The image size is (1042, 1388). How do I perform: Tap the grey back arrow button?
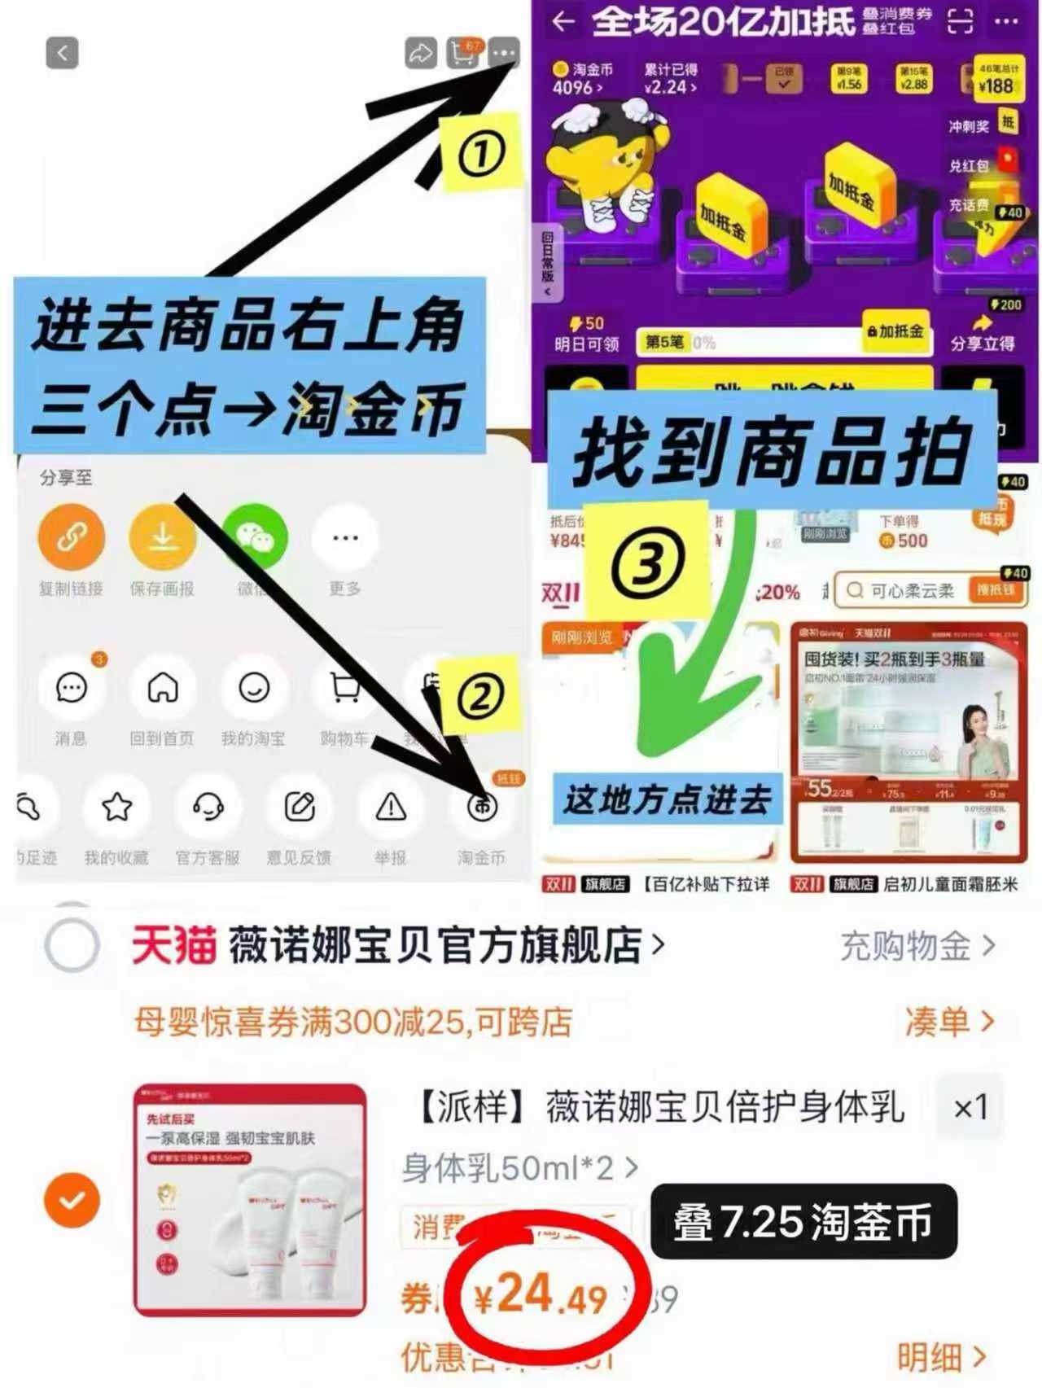coord(62,53)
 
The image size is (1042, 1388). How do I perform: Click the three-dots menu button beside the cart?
coord(504,53)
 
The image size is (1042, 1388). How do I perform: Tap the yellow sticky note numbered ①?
coord(480,153)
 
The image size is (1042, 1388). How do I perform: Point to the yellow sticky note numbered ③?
coord(648,560)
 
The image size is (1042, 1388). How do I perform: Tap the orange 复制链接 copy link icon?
coord(72,536)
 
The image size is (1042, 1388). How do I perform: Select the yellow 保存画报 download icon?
coord(163,536)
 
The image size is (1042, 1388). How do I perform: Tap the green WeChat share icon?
coord(256,536)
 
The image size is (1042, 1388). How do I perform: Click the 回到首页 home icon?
coord(163,689)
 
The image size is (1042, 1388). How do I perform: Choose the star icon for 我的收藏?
coord(117,808)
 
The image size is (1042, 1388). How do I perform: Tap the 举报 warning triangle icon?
coord(391,808)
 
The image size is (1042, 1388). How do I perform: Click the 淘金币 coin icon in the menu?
coord(482,808)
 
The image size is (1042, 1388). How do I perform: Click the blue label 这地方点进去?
coord(666,799)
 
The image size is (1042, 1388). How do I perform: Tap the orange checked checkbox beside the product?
coord(72,1200)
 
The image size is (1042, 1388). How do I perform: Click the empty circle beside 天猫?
coord(72,946)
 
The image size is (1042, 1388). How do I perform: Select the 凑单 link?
coord(948,1021)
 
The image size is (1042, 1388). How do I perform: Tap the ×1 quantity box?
coord(970,1107)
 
